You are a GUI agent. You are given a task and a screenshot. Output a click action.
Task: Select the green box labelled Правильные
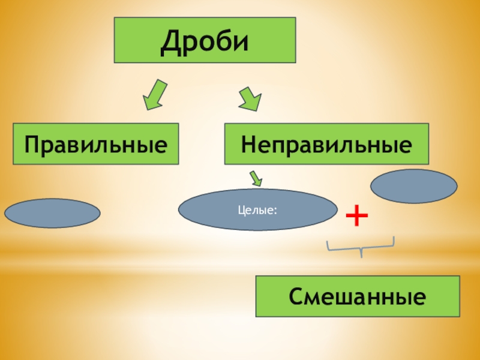(x=96, y=144)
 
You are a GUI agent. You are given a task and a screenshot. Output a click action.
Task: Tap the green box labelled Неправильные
(x=327, y=144)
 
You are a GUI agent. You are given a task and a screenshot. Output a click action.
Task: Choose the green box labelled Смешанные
(x=358, y=296)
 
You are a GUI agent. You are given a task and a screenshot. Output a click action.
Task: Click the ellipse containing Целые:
(x=258, y=211)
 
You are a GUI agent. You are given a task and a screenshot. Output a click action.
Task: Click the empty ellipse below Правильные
(x=52, y=214)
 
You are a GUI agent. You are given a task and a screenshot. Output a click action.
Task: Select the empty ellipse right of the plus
(x=414, y=186)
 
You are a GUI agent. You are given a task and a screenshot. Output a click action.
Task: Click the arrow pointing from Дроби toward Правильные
(x=154, y=94)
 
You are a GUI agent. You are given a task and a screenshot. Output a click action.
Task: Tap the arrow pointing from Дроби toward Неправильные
(x=250, y=98)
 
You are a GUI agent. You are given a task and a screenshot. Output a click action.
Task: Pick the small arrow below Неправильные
(x=256, y=178)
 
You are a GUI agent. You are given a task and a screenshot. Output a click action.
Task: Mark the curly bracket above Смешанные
(x=361, y=246)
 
